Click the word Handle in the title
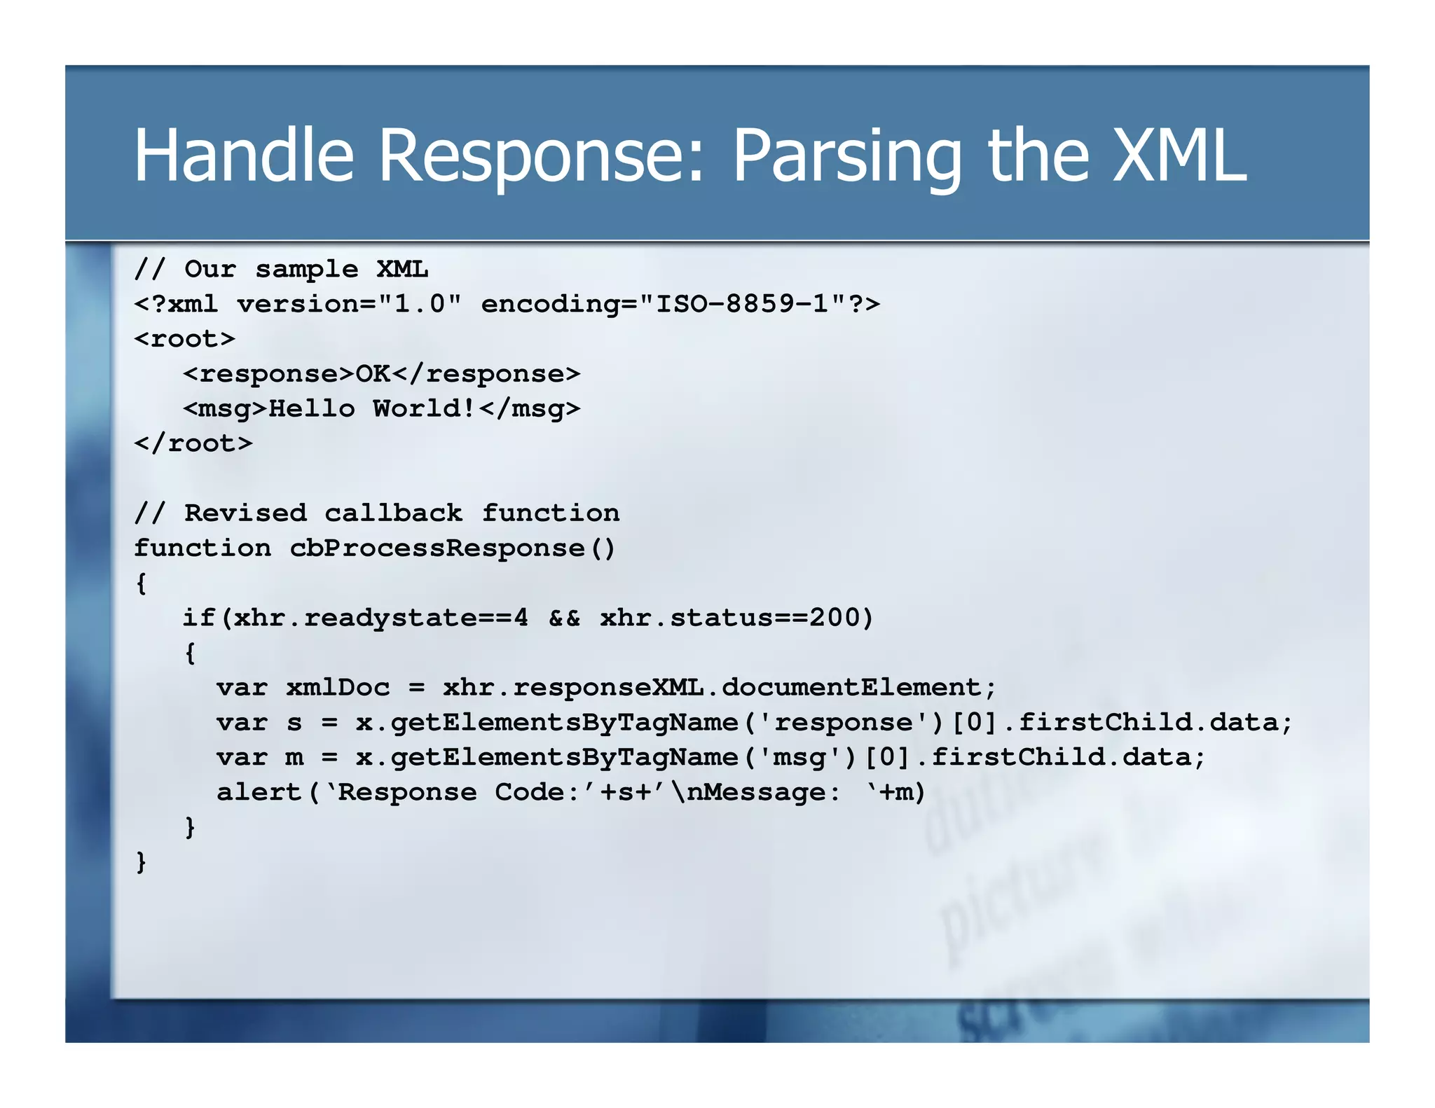point(244,155)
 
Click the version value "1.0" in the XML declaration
point(420,304)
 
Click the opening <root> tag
point(185,339)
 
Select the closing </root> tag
point(193,443)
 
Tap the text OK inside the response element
point(373,373)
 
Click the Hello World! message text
point(372,408)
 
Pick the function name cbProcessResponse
point(437,548)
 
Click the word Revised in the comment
point(245,513)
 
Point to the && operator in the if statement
point(564,618)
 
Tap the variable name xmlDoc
point(338,687)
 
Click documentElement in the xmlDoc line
point(851,687)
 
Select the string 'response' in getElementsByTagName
point(844,722)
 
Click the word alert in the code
point(259,792)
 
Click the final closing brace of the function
point(142,861)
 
